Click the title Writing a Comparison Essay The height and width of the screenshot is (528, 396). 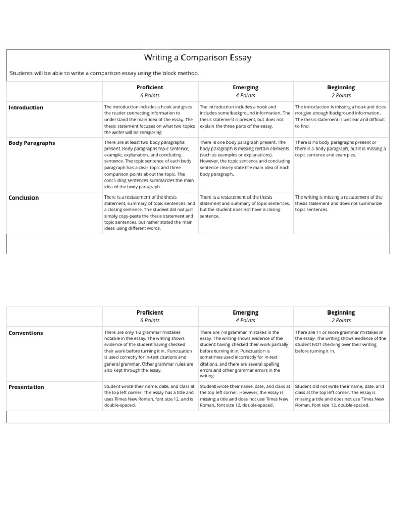pyautogui.click(x=197, y=58)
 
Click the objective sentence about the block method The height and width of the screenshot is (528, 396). pyautogui.click(x=105, y=73)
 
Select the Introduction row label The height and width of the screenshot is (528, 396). pyautogui.click(x=26, y=108)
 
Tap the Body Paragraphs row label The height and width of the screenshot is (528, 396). pyautogui.click(x=31, y=143)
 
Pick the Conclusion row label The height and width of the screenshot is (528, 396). pyautogui.click(x=23, y=198)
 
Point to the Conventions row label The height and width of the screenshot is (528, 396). pyautogui.click(x=26, y=333)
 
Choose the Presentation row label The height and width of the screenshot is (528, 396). pyautogui.click(x=26, y=387)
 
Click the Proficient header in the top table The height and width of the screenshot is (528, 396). pyautogui.click(x=150, y=88)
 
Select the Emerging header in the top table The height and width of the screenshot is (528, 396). pyautogui.click(x=245, y=88)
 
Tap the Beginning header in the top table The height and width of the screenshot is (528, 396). pyautogui.click(x=341, y=88)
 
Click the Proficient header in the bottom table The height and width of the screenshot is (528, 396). pyautogui.click(x=150, y=312)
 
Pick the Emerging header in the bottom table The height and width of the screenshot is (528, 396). pyautogui.click(x=245, y=312)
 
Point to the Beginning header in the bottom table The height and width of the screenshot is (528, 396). pyautogui.click(x=341, y=312)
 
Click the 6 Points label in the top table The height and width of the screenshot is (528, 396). pyautogui.click(x=150, y=96)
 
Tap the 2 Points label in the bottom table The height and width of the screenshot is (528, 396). pyautogui.click(x=341, y=321)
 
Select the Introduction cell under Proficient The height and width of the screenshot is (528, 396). pyautogui.click(x=150, y=119)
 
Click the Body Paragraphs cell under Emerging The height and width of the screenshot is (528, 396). pyautogui.click(x=245, y=158)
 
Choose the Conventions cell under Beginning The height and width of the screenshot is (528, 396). pyautogui.click(x=340, y=341)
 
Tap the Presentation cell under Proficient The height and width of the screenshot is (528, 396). pyautogui.click(x=150, y=395)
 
